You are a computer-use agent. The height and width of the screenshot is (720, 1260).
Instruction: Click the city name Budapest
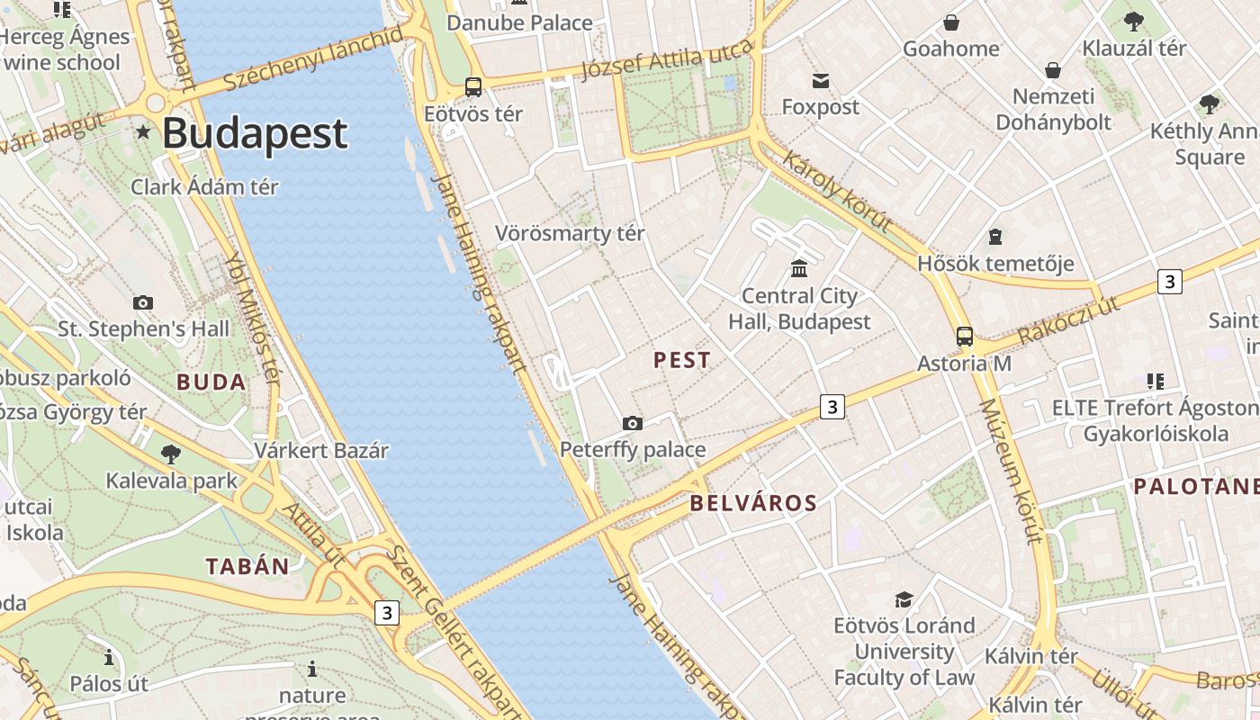[255, 133]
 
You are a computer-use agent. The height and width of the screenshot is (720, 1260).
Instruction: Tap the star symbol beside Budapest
[143, 132]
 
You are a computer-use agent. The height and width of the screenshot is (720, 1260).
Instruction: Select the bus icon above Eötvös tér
[473, 87]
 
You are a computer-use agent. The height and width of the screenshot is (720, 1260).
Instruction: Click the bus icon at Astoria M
[964, 337]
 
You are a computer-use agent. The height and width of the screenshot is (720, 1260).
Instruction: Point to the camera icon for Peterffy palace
[633, 423]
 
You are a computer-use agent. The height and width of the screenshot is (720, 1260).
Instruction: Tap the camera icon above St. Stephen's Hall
[143, 302]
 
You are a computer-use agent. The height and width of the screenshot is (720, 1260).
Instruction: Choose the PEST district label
[682, 360]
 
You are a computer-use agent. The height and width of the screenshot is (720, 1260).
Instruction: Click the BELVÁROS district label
[753, 503]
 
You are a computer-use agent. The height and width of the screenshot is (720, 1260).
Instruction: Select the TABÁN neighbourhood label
[247, 566]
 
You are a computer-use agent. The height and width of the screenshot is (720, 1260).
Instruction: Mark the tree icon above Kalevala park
[171, 454]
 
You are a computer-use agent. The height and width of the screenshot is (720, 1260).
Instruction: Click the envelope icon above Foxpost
[820, 82]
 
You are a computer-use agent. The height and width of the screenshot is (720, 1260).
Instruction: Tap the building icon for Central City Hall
[798, 268]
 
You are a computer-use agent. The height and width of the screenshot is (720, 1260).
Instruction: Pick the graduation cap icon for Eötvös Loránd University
[904, 599]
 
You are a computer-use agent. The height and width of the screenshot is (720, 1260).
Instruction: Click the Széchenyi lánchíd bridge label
[312, 58]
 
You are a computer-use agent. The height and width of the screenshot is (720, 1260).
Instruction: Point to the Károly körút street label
[837, 191]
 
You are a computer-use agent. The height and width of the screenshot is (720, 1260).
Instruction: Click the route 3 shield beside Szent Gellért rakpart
[387, 613]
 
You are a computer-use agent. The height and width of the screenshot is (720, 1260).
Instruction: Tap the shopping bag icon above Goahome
[951, 22]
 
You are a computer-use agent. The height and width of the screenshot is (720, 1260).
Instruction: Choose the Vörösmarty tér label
[570, 234]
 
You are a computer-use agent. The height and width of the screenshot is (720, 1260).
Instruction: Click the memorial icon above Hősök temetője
[995, 237]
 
